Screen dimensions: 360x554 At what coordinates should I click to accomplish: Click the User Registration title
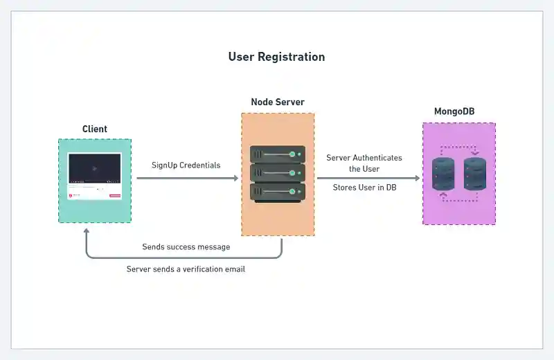point(276,57)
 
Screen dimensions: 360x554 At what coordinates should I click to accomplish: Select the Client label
point(95,129)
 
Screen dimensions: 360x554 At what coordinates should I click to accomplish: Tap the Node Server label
point(277,102)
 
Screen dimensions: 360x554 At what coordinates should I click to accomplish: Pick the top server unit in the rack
point(277,154)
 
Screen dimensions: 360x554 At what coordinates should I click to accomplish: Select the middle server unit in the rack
point(277,172)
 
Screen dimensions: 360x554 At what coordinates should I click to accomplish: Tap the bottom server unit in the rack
point(277,190)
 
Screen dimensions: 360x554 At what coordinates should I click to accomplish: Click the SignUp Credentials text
point(186,165)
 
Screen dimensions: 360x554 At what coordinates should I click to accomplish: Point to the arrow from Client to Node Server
point(187,178)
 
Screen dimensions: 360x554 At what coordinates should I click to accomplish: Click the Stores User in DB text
point(364,188)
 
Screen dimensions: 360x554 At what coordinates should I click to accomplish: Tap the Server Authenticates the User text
point(364,163)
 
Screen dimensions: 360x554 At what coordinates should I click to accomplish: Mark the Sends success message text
point(186,246)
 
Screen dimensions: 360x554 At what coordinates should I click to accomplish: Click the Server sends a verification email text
point(186,269)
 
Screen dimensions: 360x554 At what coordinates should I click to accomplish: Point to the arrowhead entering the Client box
point(87,232)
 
